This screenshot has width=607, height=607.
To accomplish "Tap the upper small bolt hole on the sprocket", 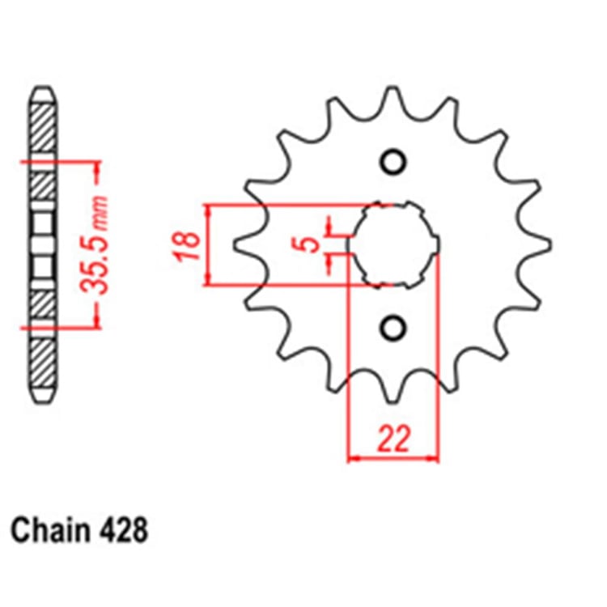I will tap(393, 163).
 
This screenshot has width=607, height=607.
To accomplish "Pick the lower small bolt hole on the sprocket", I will tap(393, 327).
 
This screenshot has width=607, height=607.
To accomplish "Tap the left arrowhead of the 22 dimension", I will tap(353, 459).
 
